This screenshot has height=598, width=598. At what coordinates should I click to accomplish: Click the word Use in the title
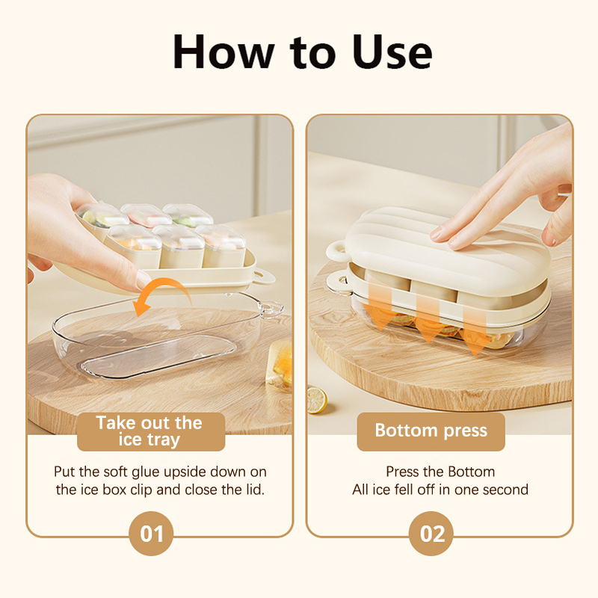[392, 52]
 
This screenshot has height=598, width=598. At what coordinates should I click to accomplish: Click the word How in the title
[224, 52]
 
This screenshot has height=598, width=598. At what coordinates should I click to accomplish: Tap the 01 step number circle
[151, 533]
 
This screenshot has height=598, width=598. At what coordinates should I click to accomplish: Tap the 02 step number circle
[431, 533]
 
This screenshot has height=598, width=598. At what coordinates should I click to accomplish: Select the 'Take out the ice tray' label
[151, 431]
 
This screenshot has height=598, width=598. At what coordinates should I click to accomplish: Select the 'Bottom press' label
[431, 431]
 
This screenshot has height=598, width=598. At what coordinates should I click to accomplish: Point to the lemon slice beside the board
[316, 400]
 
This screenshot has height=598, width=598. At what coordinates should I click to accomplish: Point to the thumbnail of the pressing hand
[437, 233]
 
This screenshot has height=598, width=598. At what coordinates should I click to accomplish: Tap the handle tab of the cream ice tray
[263, 277]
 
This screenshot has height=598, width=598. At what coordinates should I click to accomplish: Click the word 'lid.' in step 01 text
[254, 490]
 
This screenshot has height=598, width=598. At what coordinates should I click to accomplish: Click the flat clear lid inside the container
[158, 357]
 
